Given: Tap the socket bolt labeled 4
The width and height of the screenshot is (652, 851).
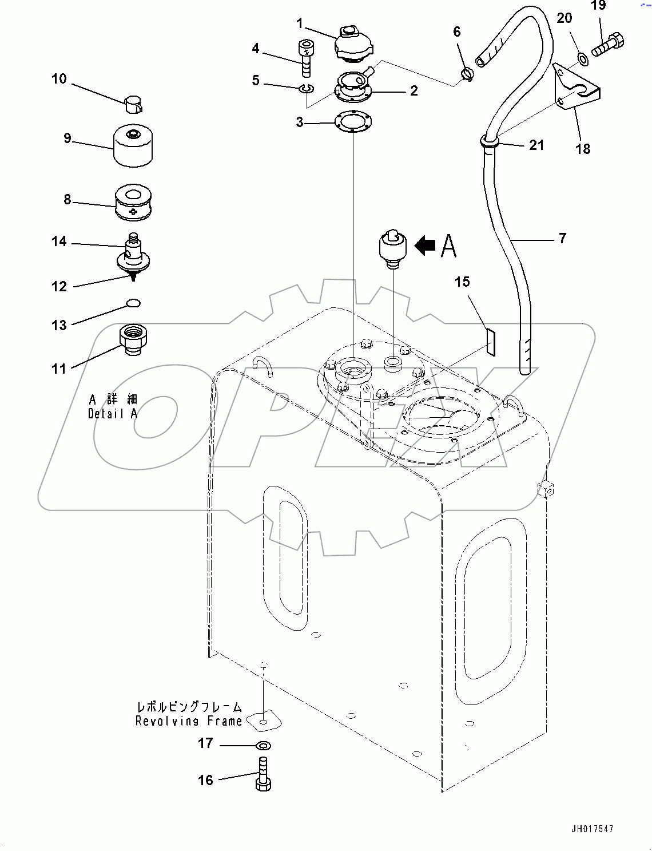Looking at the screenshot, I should [305, 57].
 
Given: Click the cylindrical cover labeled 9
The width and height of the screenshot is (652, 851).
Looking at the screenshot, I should [134, 146].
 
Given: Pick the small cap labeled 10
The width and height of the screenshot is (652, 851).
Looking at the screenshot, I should [134, 104].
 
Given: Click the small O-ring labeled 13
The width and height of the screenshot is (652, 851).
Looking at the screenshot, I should [133, 303].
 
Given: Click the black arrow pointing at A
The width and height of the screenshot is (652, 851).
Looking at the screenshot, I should [424, 246].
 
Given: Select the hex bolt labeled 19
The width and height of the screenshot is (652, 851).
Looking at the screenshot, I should [607, 45].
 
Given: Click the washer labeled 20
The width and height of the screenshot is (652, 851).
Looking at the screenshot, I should [582, 57].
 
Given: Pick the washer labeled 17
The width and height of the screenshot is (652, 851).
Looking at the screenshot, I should [264, 745].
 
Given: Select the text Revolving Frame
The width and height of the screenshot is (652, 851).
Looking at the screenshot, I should [189, 721].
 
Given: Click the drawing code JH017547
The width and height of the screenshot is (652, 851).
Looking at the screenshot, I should [591, 829].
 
